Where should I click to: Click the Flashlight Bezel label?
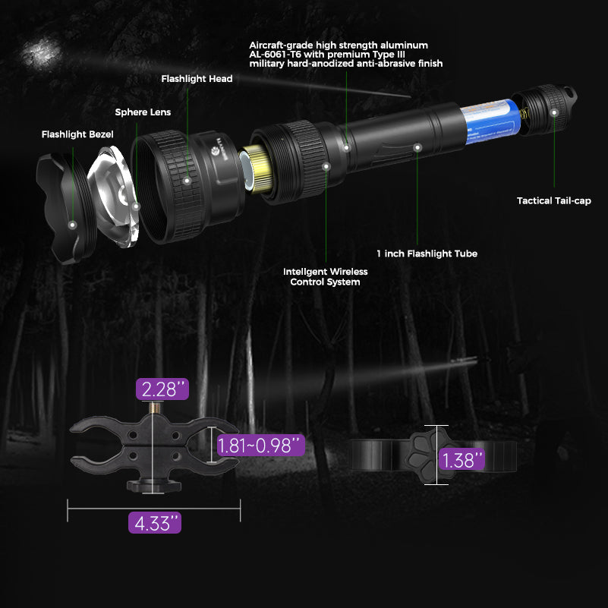pyautogui.click(x=77, y=134)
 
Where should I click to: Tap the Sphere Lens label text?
pyautogui.click(x=143, y=112)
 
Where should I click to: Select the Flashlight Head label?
pyautogui.click(x=197, y=78)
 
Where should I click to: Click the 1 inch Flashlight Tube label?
pyautogui.click(x=427, y=254)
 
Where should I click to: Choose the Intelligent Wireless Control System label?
pyautogui.click(x=325, y=276)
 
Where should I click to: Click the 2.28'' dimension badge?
pyautogui.click(x=162, y=390)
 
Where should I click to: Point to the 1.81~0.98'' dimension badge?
pyautogui.click(x=260, y=445)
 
